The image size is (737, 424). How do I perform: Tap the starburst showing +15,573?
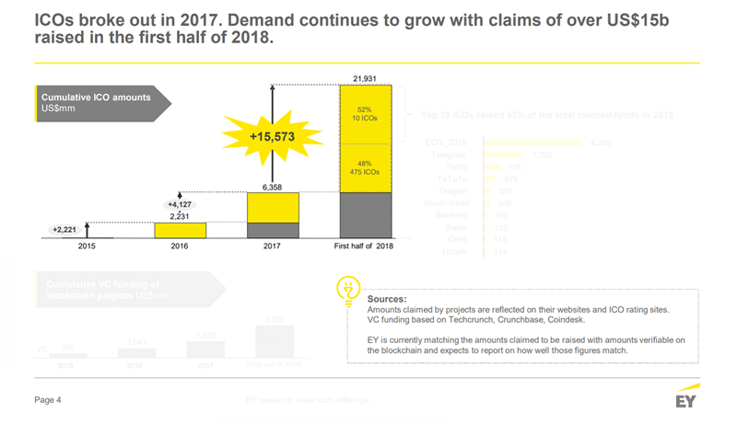point(272,136)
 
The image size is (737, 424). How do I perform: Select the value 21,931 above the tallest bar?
point(366,78)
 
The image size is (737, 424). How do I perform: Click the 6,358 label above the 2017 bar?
point(272,187)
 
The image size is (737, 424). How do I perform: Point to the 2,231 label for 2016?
point(180,215)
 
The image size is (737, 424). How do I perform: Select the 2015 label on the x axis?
point(87,246)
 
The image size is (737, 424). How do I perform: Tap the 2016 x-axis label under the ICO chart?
point(180,246)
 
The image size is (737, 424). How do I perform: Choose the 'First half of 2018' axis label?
point(366,246)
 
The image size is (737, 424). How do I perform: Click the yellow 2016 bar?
point(180,230)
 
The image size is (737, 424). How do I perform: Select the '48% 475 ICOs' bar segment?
point(366,166)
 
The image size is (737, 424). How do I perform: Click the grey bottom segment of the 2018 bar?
point(366,215)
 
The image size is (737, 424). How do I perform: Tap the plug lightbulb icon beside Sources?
point(348,288)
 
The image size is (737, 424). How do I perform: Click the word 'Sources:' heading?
point(387,300)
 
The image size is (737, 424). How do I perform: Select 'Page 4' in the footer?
point(48,400)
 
